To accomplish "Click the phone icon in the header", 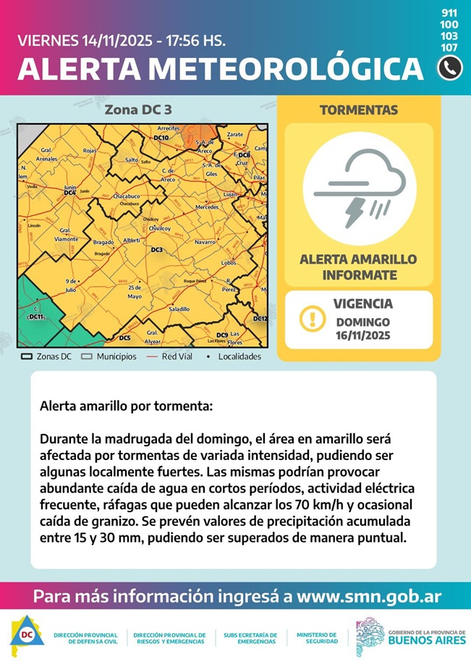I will point(449,67).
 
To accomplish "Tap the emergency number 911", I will point(449,13).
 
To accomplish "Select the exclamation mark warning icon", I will point(311,318).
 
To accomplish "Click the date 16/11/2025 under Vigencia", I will point(362,335).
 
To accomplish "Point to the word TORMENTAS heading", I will point(358,110).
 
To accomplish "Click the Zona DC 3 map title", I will point(138,110).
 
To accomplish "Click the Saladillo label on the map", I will point(179,309).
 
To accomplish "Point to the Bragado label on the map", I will point(103,242).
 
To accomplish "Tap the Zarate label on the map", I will point(235,135).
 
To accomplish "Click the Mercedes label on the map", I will point(207,207).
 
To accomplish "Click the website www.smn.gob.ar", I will point(369,598).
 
